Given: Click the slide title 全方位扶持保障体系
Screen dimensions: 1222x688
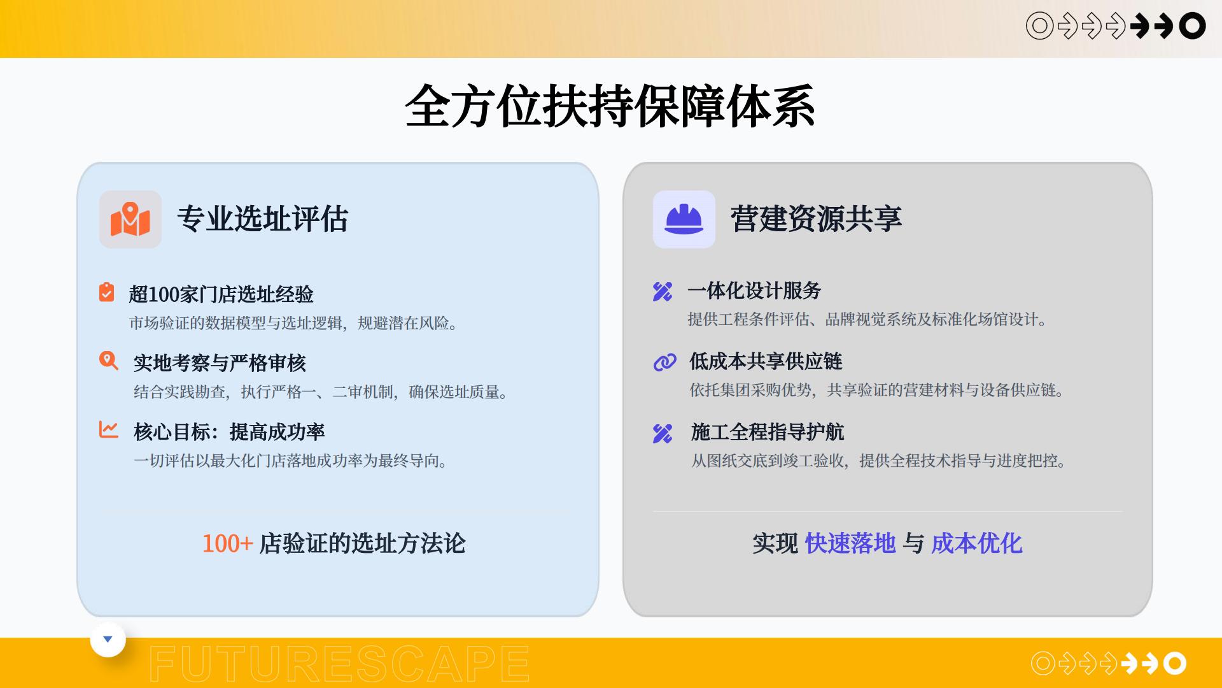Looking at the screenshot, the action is [x=610, y=106].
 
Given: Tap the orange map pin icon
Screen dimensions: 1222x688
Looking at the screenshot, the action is [x=130, y=219].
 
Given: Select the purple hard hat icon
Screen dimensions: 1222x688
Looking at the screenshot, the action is [x=684, y=219].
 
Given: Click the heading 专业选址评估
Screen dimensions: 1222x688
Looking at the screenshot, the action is [x=262, y=219].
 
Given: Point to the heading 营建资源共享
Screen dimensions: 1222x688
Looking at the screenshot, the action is [x=816, y=219].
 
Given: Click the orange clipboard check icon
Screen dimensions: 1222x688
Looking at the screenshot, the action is [x=107, y=292].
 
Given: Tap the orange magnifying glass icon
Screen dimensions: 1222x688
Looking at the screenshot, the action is [x=109, y=361].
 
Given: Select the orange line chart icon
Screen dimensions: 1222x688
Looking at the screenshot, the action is [x=109, y=429].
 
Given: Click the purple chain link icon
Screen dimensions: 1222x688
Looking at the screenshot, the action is [x=664, y=362].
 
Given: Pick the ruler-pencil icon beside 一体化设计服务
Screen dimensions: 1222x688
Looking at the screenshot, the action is [x=663, y=292].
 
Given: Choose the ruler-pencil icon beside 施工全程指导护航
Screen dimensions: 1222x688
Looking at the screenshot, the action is [x=663, y=433].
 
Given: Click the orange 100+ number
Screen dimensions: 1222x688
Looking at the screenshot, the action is [x=227, y=543].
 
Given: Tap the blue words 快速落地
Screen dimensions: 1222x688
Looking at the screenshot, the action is [x=850, y=543].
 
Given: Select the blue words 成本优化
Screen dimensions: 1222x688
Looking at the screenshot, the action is [x=976, y=543].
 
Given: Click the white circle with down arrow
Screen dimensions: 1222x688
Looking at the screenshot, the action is [x=108, y=640].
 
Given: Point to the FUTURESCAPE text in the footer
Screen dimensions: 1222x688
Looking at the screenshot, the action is [x=339, y=664].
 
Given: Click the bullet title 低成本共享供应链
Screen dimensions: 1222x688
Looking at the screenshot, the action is [x=766, y=362].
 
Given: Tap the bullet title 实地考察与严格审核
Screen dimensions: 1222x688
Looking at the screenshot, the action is [x=220, y=363].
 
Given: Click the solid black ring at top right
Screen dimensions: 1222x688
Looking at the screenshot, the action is [x=1192, y=26].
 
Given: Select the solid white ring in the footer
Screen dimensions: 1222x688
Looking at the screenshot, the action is [x=1175, y=664].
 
